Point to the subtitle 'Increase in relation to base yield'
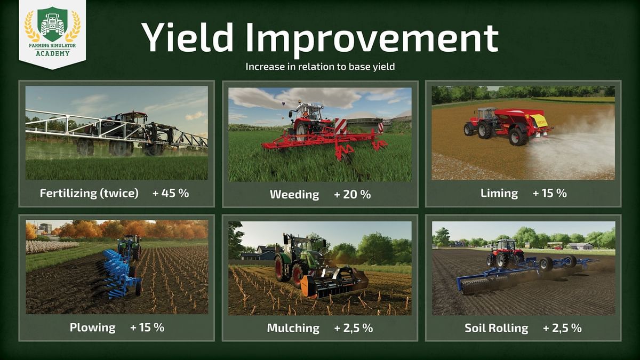pos(319,67)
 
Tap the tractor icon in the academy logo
pos(52,24)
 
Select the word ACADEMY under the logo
pos(52,53)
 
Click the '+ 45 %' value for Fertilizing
pos(171,193)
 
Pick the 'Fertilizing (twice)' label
pos(89,194)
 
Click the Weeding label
pos(294,194)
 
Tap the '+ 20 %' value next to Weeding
pos(352,194)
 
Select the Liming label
pos(499,193)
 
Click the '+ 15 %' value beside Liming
pos(549,193)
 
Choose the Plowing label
pos(92,327)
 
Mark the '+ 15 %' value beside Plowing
pos(147,327)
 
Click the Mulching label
pos(293,328)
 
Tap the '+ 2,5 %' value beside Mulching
pos(353,328)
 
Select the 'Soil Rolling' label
pos(496,328)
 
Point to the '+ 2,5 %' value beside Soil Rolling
pos(562,328)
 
